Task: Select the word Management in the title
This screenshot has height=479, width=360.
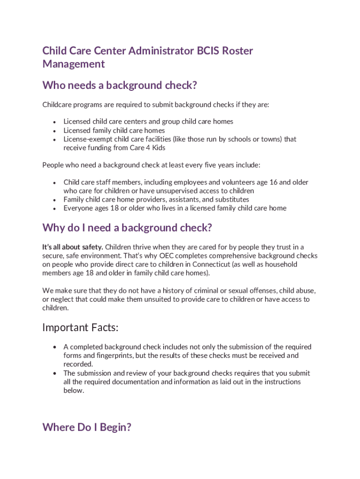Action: [73, 64]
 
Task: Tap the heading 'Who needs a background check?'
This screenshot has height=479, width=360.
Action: [119, 85]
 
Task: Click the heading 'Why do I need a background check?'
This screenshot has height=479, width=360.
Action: [127, 228]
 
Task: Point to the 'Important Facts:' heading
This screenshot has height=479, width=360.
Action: [80, 327]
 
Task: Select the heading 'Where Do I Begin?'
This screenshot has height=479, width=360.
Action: [86, 427]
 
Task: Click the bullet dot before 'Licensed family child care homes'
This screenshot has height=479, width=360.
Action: [55, 131]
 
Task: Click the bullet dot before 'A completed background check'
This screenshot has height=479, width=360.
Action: [55, 347]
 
